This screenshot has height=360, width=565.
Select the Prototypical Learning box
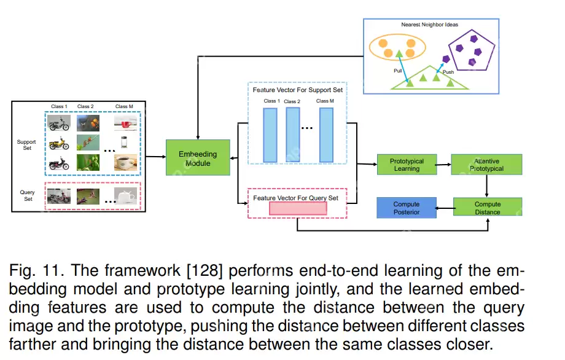[x=407, y=165]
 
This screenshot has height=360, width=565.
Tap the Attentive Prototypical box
[x=487, y=165]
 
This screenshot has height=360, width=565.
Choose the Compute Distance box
[x=487, y=208]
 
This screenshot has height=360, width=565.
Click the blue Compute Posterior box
[x=407, y=208]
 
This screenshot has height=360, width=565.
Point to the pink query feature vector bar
[x=297, y=208]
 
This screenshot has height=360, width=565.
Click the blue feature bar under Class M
[x=326, y=135]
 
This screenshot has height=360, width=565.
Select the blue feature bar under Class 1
[x=270, y=135]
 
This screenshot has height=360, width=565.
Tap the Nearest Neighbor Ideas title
[x=429, y=25]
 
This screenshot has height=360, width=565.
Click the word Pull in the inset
[x=397, y=71]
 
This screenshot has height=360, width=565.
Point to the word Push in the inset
[x=448, y=72]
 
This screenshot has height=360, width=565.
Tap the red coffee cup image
[x=125, y=123]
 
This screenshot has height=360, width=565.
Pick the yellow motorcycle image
[x=59, y=143]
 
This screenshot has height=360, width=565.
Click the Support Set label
[x=26, y=146]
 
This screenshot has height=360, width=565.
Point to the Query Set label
[x=27, y=195]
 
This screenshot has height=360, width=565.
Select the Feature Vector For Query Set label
[x=296, y=198]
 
